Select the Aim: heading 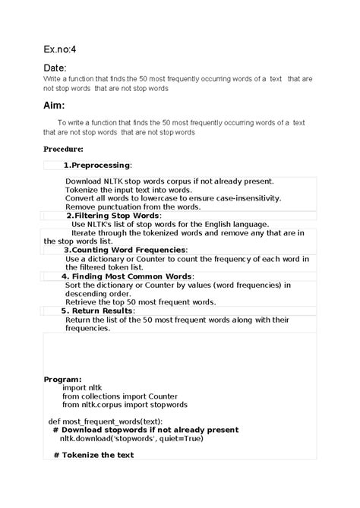[x=54, y=105]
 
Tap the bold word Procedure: [x=63, y=149]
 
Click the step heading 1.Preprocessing [x=96, y=165]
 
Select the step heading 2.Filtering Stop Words [x=113, y=216]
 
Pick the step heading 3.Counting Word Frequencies [x=124, y=249]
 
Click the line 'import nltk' [x=80, y=387]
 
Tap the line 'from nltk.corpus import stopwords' [x=125, y=405]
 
